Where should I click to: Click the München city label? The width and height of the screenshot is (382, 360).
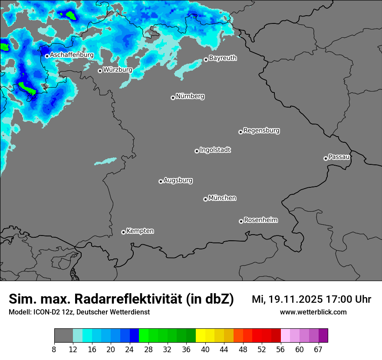point(222,198)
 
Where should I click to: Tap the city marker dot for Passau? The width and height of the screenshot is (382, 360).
point(326,158)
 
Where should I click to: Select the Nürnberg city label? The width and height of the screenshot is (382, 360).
point(190,96)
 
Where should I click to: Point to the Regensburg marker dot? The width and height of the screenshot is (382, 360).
point(240,132)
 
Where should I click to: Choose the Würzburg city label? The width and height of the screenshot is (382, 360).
point(118,69)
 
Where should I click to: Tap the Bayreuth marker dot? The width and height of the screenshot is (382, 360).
point(206,60)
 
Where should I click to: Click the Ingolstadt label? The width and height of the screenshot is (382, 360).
point(215,150)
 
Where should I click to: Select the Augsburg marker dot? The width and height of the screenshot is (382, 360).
point(161,181)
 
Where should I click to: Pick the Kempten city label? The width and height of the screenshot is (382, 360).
point(140,231)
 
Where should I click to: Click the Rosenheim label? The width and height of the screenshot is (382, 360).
point(260,220)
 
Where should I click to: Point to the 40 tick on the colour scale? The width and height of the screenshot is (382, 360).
point(205,349)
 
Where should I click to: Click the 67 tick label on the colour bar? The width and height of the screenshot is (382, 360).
point(318,349)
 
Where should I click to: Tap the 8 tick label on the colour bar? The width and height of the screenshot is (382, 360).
point(54,349)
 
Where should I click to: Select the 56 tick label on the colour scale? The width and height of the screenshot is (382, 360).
point(281,349)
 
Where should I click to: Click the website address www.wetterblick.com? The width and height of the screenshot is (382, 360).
point(313,312)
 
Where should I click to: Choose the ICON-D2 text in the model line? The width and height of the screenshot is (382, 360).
point(45,312)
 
